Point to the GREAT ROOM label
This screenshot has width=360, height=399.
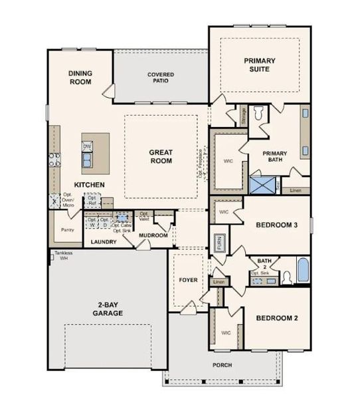point(161,156)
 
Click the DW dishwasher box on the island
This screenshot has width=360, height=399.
point(87,146)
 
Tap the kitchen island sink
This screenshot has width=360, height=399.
point(87,160)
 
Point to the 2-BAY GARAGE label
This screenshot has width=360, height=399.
point(106,311)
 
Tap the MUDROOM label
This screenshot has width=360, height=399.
point(153,236)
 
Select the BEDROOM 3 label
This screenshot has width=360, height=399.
point(277,225)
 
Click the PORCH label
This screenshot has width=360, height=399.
point(223,365)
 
